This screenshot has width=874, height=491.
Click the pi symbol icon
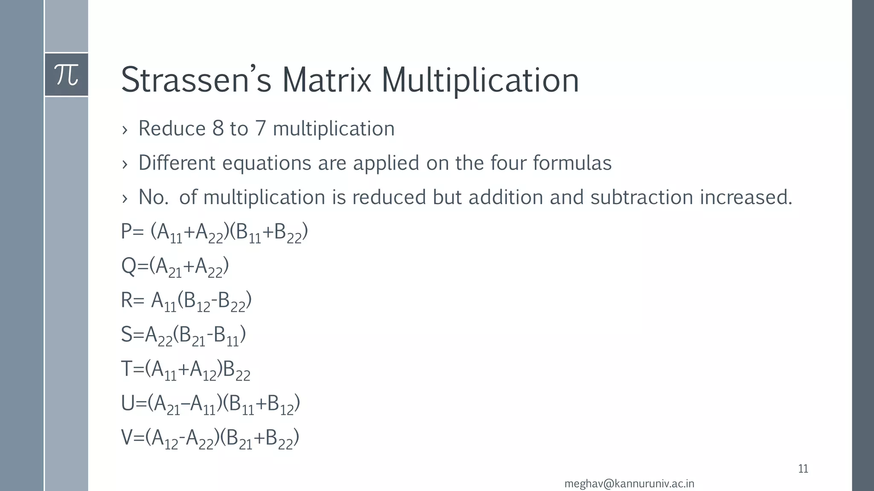pyautogui.click(x=67, y=75)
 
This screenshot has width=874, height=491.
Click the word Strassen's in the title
pyautogui.click(x=196, y=80)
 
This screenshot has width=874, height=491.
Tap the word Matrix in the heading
pyautogui.click(x=326, y=80)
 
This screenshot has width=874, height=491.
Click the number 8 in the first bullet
pyautogui.click(x=218, y=129)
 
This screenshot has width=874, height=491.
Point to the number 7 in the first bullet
pyautogui.click(x=260, y=129)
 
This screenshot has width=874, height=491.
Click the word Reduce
pyautogui.click(x=172, y=129)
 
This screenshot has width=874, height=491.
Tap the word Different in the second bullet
pyautogui.click(x=177, y=163)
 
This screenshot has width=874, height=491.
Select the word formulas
pyautogui.click(x=572, y=163)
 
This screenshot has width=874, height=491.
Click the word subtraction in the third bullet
pyautogui.click(x=641, y=197)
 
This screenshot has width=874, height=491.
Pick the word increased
pyautogui.click(x=746, y=197)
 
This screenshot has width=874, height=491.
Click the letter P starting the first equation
pyautogui.click(x=127, y=232)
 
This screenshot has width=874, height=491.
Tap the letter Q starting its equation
pyautogui.click(x=128, y=267)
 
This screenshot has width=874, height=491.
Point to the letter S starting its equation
pyautogui.click(x=127, y=335)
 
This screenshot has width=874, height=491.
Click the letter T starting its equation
pyautogui.click(x=127, y=369)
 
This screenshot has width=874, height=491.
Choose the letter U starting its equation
pyautogui.click(x=128, y=403)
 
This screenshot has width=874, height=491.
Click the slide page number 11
pyautogui.click(x=803, y=469)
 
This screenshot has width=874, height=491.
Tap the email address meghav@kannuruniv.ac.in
pyautogui.click(x=629, y=484)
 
